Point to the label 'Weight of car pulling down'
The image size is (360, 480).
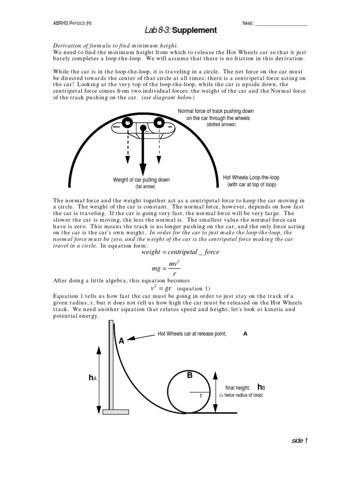click(142, 180)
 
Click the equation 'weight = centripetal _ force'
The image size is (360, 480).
click(180, 252)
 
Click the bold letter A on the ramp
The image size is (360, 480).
click(121, 341)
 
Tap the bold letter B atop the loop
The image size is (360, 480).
click(190, 375)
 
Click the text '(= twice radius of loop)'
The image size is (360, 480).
click(241, 396)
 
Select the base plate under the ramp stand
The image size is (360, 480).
click(115, 412)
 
